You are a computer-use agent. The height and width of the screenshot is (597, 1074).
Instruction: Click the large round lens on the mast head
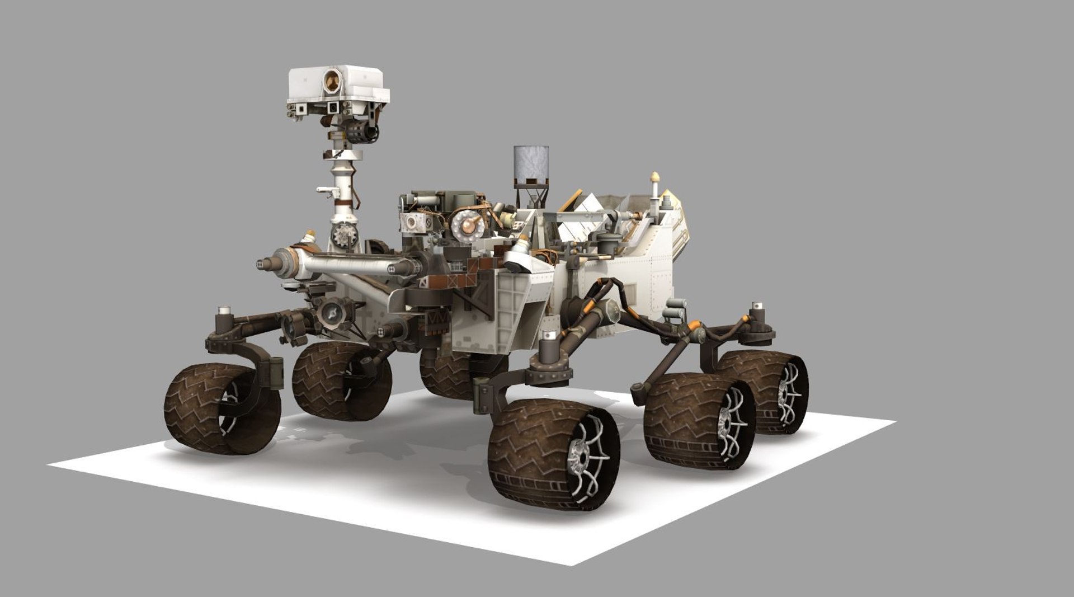click(334, 81)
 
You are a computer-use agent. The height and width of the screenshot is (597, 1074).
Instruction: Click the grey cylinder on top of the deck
click(531, 165)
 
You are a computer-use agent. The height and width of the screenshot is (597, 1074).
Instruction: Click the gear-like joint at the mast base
click(342, 236)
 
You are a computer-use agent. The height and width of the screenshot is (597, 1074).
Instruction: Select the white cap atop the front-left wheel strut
click(225, 309)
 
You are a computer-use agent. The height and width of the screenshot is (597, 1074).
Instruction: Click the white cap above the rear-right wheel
click(759, 307)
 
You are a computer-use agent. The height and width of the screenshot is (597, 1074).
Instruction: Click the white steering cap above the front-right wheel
click(550, 335)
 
